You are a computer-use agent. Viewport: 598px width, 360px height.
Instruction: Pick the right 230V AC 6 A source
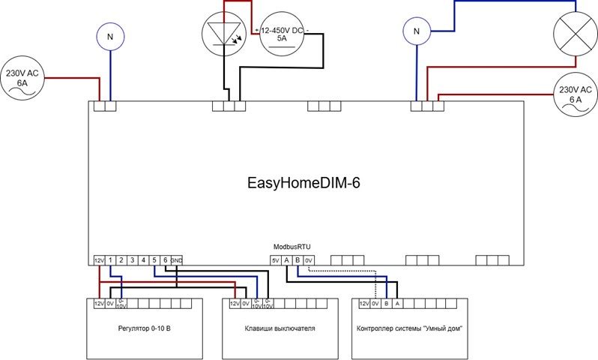pos(576,97)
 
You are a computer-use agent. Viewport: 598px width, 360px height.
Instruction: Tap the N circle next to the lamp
pos(416,31)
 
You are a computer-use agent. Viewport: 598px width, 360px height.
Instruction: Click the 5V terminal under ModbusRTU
pos(275,260)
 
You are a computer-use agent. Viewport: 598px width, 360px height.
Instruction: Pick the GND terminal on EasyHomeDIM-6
pos(176,260)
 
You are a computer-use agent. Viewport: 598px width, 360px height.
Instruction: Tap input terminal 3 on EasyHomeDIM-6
pos(132,260)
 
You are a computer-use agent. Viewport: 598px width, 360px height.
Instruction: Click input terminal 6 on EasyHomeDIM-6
pos(165,260)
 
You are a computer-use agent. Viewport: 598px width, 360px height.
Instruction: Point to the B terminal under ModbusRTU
pos(298,260)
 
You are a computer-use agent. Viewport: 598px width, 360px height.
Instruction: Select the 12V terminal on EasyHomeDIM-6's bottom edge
pos(98,260)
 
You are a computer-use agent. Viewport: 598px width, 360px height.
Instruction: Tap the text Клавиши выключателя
pos(280,329)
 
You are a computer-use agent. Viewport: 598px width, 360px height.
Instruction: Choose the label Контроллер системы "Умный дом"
pos(409,329)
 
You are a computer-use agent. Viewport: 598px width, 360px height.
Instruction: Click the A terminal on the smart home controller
pos(397,304)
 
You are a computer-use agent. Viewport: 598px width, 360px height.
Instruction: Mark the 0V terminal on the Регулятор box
pos(109,304)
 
